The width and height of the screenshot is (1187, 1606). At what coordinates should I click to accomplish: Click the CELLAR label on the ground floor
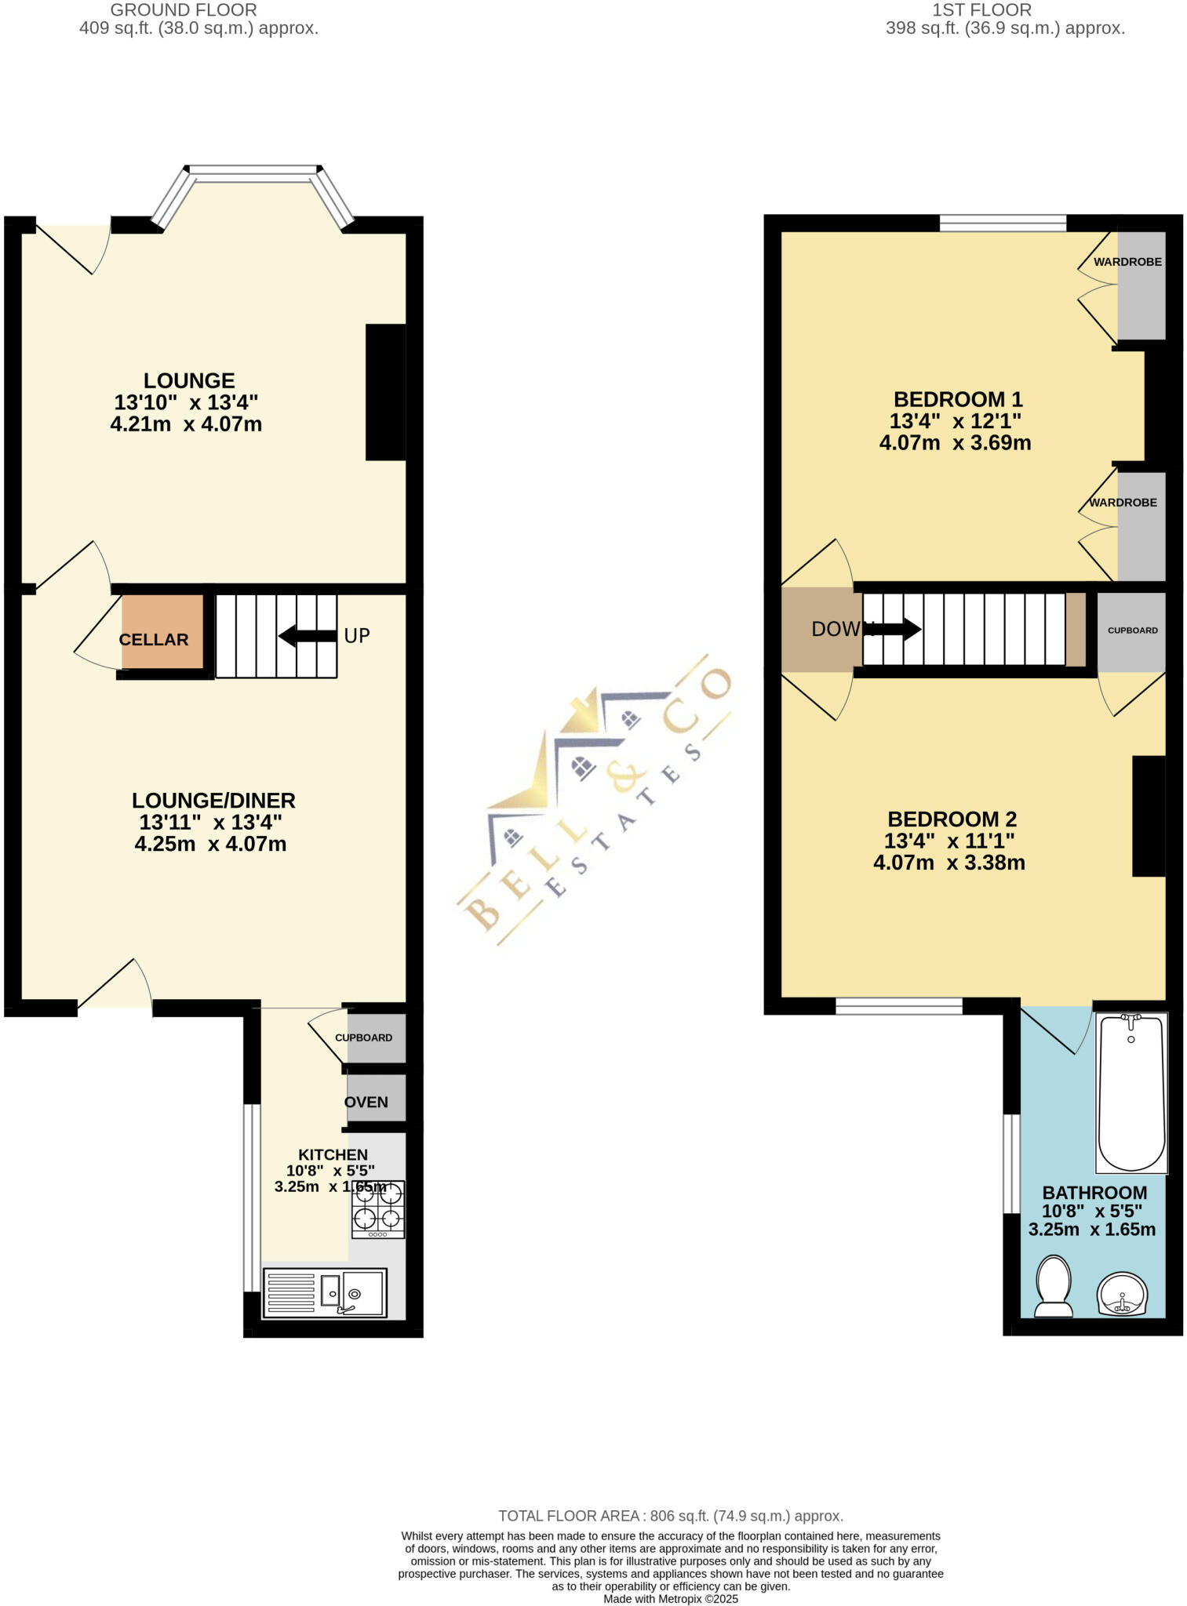tap(154, 639)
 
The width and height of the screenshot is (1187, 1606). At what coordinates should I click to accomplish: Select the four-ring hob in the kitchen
tap(378, 1208)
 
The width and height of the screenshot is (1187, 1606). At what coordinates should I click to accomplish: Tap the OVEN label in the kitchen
tap(366, 1102)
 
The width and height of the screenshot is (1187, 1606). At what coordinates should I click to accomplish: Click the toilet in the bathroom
tap(1054, 1286)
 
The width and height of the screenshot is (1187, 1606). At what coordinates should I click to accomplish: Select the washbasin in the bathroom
tap(1123, 1293)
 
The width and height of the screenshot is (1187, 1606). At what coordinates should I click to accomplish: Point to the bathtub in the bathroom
tap(1131, 1092)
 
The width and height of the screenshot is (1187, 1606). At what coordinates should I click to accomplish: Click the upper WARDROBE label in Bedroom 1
tap(1127, 262)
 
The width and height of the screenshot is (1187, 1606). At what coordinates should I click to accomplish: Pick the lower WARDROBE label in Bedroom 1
tap(1123, 503)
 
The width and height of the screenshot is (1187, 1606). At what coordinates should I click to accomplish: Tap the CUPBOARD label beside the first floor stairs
tap(1132, 630)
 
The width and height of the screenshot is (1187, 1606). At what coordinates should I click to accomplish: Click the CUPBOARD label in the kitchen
tap(363, 1037)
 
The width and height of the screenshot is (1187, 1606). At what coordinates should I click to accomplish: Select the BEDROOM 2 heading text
tap(952, 819)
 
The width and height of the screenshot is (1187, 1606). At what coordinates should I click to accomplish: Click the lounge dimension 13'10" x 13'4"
tap(186, 403)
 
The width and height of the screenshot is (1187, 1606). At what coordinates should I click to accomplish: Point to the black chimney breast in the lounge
tap(385, 392)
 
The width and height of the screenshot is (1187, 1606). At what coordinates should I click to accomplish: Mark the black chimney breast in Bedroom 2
tap(1148, 816)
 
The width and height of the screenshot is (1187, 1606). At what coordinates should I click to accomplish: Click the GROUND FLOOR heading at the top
tap(183, 10)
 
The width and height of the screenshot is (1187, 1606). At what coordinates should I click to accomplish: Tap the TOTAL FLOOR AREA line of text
tap(671, 1516)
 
